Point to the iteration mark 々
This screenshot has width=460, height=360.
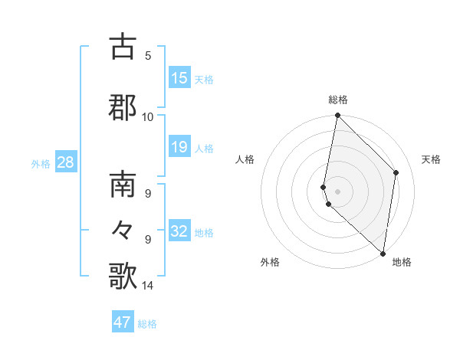coord(123,230)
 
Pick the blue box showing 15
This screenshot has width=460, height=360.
coord(179,78)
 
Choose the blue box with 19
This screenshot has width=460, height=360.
coord(179,147)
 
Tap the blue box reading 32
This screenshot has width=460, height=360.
coord(179,231)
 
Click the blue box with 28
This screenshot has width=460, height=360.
coord(64,162)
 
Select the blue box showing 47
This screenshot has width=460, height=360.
coord(123,322)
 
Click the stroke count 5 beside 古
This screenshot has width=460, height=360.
coord(148,55)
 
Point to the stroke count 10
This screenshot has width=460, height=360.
coord(147,116)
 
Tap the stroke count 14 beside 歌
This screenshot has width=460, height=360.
coord(147,286)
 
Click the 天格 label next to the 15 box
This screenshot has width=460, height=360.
coord(204,80)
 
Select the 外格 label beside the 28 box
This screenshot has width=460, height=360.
coord(41,163)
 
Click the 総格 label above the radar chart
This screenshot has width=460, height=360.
coord(338,100)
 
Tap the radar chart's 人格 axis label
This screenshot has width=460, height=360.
coord(245,159)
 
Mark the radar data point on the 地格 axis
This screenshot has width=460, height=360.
coord(383,253)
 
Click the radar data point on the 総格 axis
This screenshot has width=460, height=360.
coord(337,116)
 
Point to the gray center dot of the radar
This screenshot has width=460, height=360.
coord(337,191)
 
